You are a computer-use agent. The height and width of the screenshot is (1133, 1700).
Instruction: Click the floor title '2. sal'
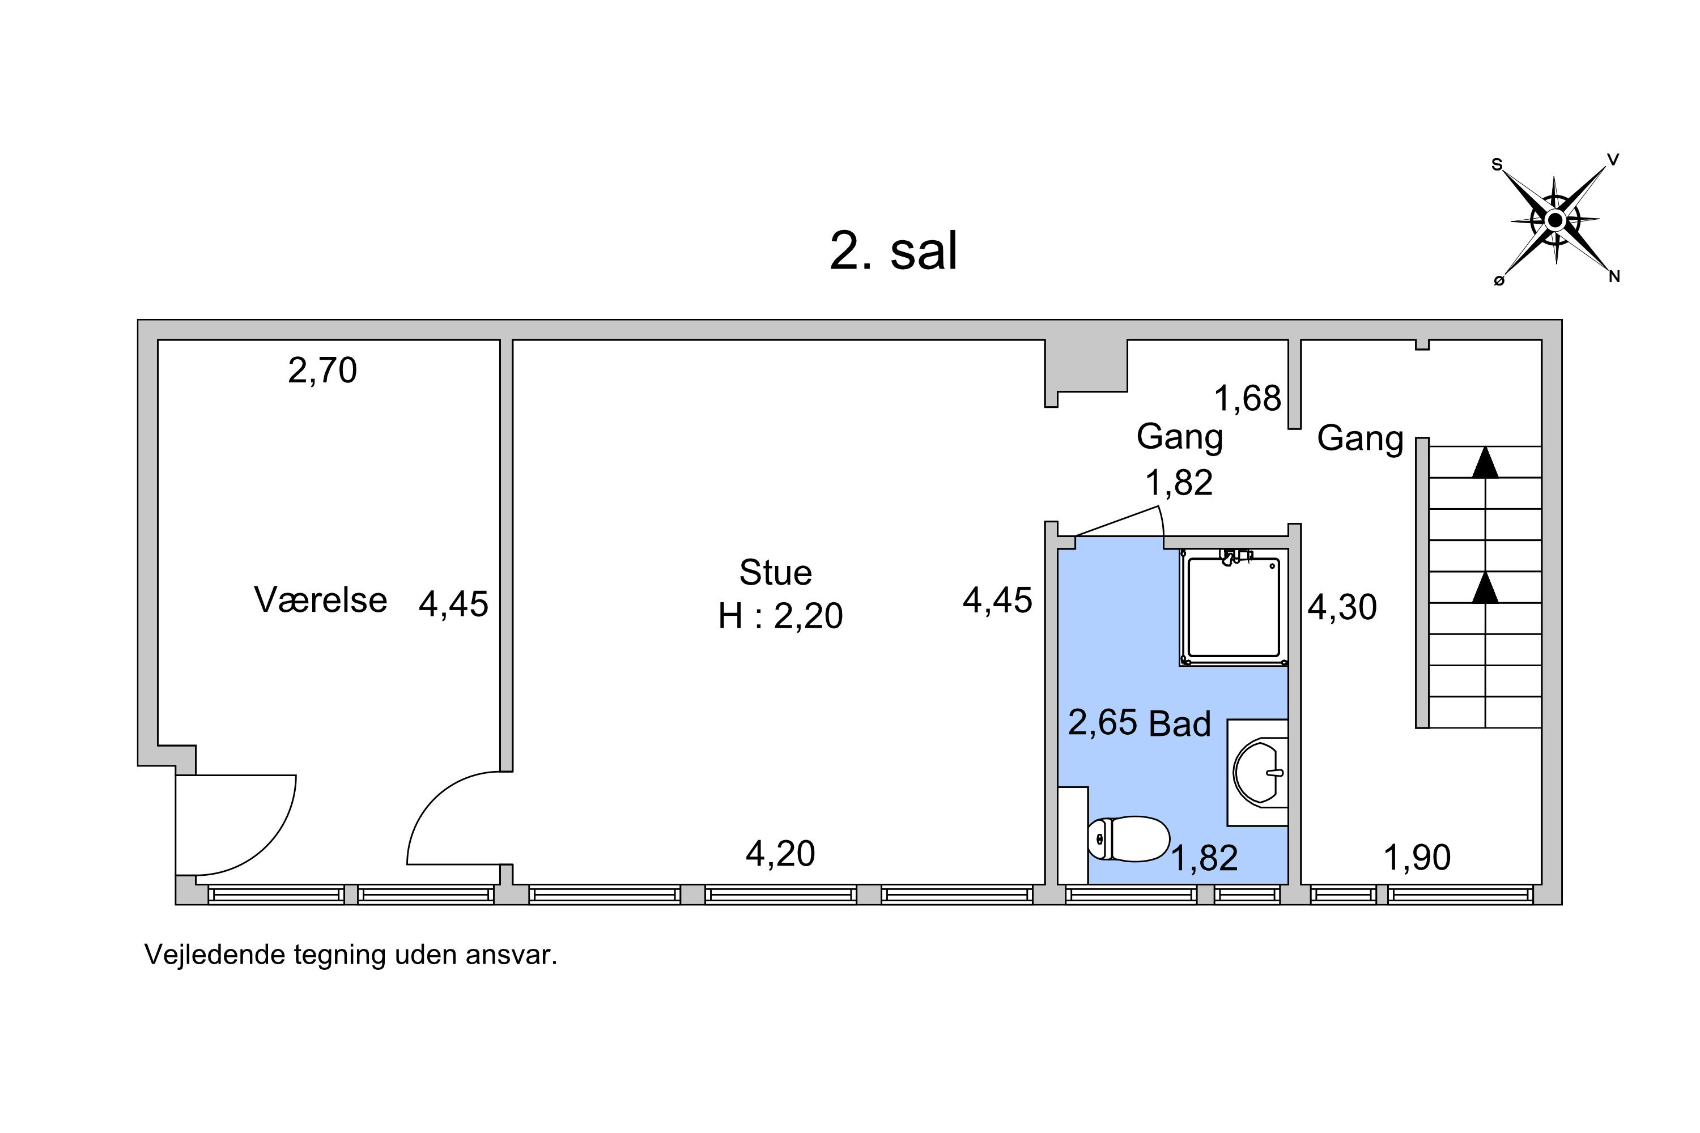tap(894, 251)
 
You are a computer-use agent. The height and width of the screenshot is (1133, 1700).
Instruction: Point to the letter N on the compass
tap(1614, 276)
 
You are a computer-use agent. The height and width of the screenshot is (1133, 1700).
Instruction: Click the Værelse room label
tap(320, 600)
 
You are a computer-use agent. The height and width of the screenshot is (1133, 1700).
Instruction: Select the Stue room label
tap(776, 573)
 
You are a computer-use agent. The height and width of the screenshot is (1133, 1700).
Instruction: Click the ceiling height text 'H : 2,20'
tap(780, 616)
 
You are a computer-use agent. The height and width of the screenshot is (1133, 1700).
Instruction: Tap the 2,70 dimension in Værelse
tap(322, 370)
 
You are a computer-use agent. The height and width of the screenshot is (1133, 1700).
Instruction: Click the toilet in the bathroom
tap(1128, 839)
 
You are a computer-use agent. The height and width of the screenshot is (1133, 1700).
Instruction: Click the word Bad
tap(1180, 724)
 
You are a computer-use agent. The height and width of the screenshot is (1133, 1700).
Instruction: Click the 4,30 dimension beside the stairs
tap(1342, 608)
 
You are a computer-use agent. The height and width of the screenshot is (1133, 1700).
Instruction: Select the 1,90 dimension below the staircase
tap(1417, 858)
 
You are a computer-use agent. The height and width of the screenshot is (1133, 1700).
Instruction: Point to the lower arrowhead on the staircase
tap(1485, 587)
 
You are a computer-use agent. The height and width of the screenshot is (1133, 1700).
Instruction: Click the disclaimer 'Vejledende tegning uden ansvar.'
tap(351, 955)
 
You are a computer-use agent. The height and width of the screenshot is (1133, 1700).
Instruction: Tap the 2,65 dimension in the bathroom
tap(1103, 723)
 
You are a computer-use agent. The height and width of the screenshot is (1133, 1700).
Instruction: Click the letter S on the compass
tap(1497, 165)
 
